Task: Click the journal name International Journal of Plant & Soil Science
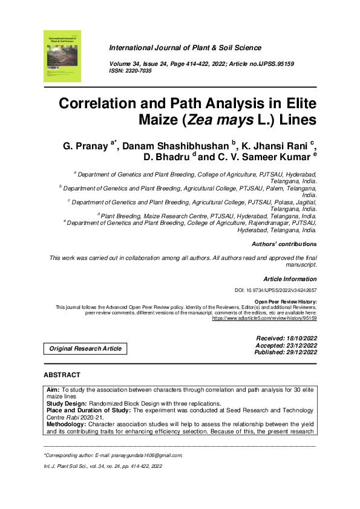click(x=185, y=48)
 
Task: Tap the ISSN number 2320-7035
click(x=139, y=71)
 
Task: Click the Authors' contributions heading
click(x=284, y=244)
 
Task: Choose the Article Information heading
click(x=290, y=279)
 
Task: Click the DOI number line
click(x=275, y=291)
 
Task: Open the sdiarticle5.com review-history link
click(x=264, y=318)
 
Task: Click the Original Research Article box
click(x=85, y=348)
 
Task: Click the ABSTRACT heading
click(x=62, y=375)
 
